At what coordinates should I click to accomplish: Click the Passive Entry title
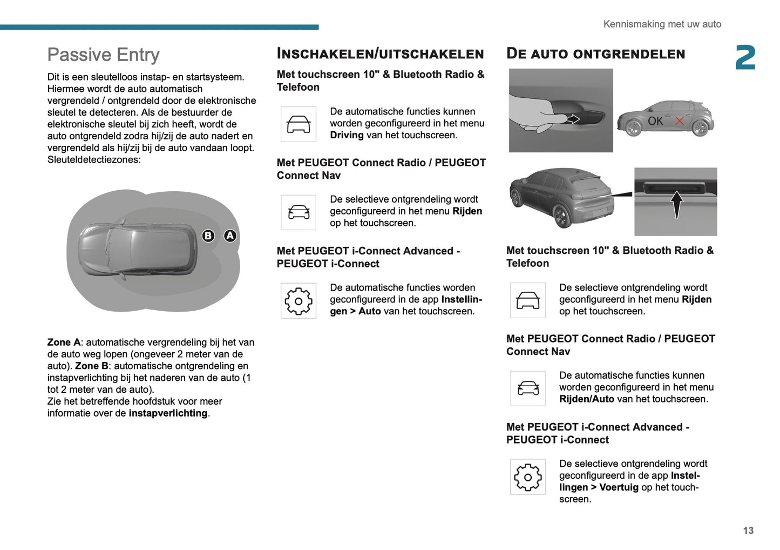[x=103, y=55]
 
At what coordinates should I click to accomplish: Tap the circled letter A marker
[x=230, y=236]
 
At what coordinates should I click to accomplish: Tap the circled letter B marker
[x=208, y=236]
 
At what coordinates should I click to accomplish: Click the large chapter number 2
[x=745, y=58]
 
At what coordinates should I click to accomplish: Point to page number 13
[x=748, y=531]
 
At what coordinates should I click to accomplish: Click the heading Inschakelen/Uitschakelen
[x=380, y=53]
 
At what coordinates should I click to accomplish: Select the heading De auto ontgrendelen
[x=595, y=53]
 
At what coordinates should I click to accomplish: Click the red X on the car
[x=680, y=121]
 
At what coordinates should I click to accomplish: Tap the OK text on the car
[x=655, y=121]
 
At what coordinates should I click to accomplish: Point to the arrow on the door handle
[x=573, y=119]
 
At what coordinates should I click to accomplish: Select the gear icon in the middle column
[x=299, y=300]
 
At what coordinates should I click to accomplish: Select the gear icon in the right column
[x=528, y=477]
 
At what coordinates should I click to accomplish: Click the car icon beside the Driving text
[x=299, y=124]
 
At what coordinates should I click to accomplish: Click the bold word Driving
[x=347, y=135]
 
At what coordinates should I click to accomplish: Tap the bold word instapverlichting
[x=168, y=413]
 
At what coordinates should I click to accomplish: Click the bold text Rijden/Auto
[x=586, y=399]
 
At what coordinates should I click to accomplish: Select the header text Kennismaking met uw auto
[x=662, y=24]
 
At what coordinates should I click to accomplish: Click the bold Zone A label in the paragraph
[x=64, y=343]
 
